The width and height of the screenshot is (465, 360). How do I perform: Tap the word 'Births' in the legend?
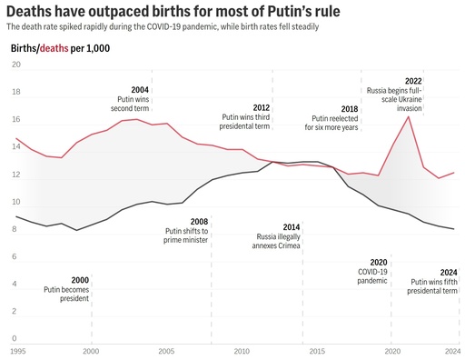click(x=25, y=47)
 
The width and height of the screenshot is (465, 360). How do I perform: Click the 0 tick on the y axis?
click(x=15, y=312)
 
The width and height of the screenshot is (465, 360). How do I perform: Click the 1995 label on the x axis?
click(x=18, y=350)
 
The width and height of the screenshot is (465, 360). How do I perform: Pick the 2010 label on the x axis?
click(x=242, y=350)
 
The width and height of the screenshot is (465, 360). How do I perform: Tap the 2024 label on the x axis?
click(x=450, y=350)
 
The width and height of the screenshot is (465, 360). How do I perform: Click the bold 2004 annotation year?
click(x=140, y=90)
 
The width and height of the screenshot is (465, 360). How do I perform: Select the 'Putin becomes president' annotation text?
click(x=67, y=295)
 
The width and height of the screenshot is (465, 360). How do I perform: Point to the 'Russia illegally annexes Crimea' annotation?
click(x=279, y=242)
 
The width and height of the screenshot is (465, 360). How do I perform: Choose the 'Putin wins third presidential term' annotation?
click(x=246, y=122)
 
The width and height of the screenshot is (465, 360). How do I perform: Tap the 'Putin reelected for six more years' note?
click(x=334, y=123)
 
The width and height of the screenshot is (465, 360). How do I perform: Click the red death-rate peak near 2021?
click(x=408, y=116)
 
